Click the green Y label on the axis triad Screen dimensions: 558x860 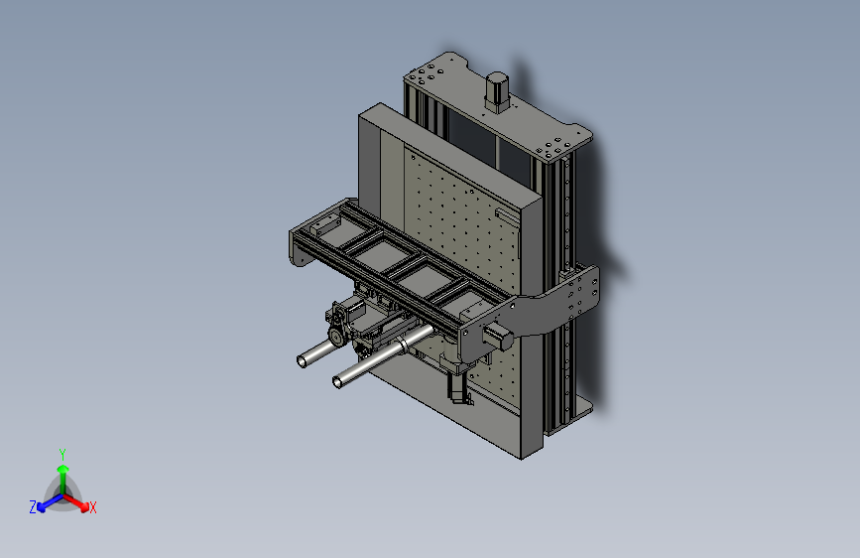tap(62, 453)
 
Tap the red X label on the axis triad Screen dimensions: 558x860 tap(93, 508)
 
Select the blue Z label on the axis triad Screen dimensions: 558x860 tap(33, 507)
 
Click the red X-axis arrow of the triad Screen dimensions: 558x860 tap(79, 500)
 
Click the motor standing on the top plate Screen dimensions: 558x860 tap(496, 91)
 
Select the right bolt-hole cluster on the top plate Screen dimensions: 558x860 tap(553, 147)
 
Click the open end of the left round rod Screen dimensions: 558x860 tap(303, 361)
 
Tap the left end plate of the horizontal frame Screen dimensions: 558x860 tap(299, 247)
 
